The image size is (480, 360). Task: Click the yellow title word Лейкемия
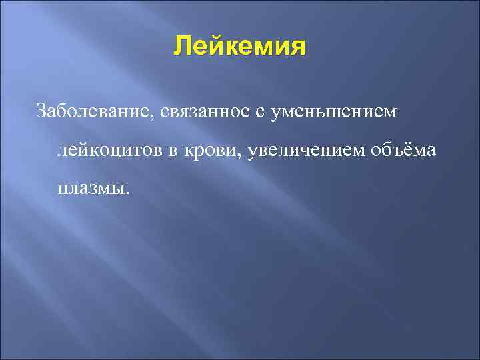click(240, 47)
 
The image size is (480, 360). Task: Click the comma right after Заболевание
click(157, 117)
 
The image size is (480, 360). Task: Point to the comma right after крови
click(241, 156)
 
